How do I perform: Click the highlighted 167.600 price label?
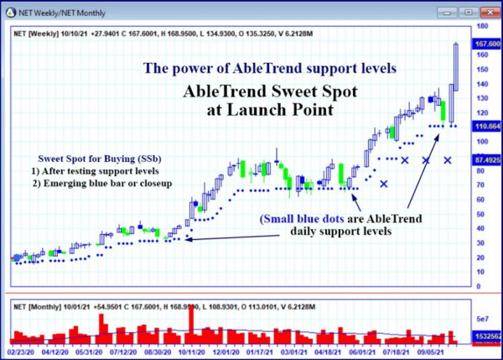[x=487, y=44]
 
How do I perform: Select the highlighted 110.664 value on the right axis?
[x=487, y=126]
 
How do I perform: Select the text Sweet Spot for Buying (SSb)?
[x=100, y=159]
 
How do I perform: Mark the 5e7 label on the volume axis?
[x=482, y=320]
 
